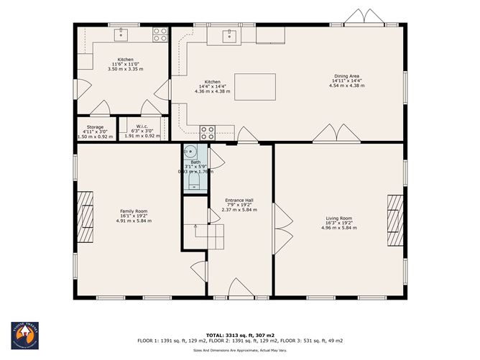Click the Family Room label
134,216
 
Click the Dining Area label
346,80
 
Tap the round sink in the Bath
190,152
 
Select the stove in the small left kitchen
160,33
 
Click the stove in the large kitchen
207,132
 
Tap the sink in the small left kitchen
121,32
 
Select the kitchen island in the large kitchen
255,86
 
